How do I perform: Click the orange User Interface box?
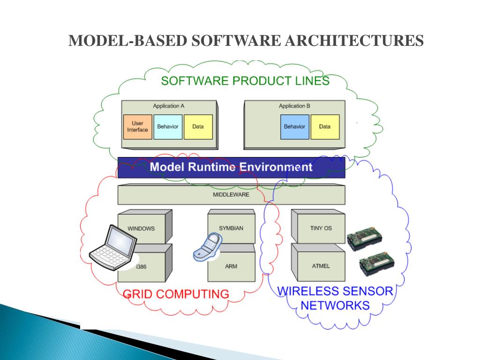pos(137,127)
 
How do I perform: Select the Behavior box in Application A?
pos(168,127)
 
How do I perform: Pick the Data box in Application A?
pos(198,127)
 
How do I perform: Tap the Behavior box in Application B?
pos(294,127)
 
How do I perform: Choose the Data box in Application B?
pos(325,127)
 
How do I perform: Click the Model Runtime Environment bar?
pos(232,167)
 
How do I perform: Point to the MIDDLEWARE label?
pos(231,195)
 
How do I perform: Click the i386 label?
pos(141,267)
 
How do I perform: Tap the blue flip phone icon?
pos(208,247)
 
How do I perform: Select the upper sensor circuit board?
pos(365,239)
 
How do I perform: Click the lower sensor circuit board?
pos(377,263)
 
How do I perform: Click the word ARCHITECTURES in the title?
pos(354,41)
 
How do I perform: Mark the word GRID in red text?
pos(137,294)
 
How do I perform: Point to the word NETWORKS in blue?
pos(335,306)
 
